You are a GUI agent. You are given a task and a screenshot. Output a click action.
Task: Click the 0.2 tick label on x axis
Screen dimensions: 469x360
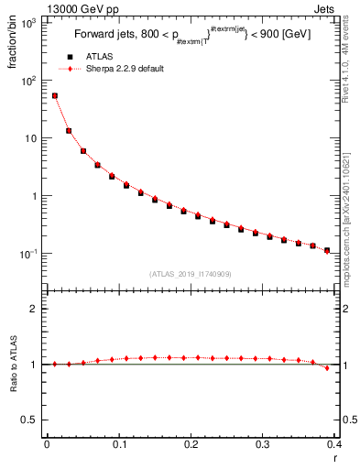tap(191, 445)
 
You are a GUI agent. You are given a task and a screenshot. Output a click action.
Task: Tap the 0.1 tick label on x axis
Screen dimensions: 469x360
tap(119, 445)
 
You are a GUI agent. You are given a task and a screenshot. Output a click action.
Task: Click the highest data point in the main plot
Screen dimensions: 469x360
tap(54, 95)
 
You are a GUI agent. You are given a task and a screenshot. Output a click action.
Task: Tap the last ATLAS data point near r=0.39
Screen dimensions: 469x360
tap(327, 249)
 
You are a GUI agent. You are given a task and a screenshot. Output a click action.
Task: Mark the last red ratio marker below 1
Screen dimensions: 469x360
tap(327, 368)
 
